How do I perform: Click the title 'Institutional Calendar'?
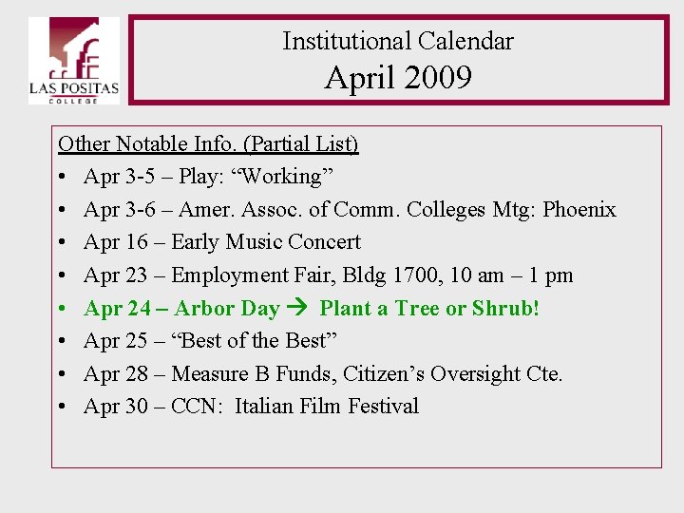point(397,41)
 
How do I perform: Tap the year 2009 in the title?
point(437,77)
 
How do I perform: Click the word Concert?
point(324,242)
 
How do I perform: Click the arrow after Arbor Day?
point(299,308)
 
